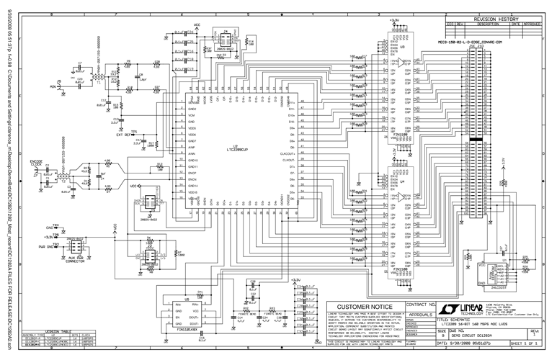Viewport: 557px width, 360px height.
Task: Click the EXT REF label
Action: (123, 135)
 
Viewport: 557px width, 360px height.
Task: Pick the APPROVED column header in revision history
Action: (532, 24)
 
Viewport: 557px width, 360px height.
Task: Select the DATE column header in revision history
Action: (516, 24)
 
